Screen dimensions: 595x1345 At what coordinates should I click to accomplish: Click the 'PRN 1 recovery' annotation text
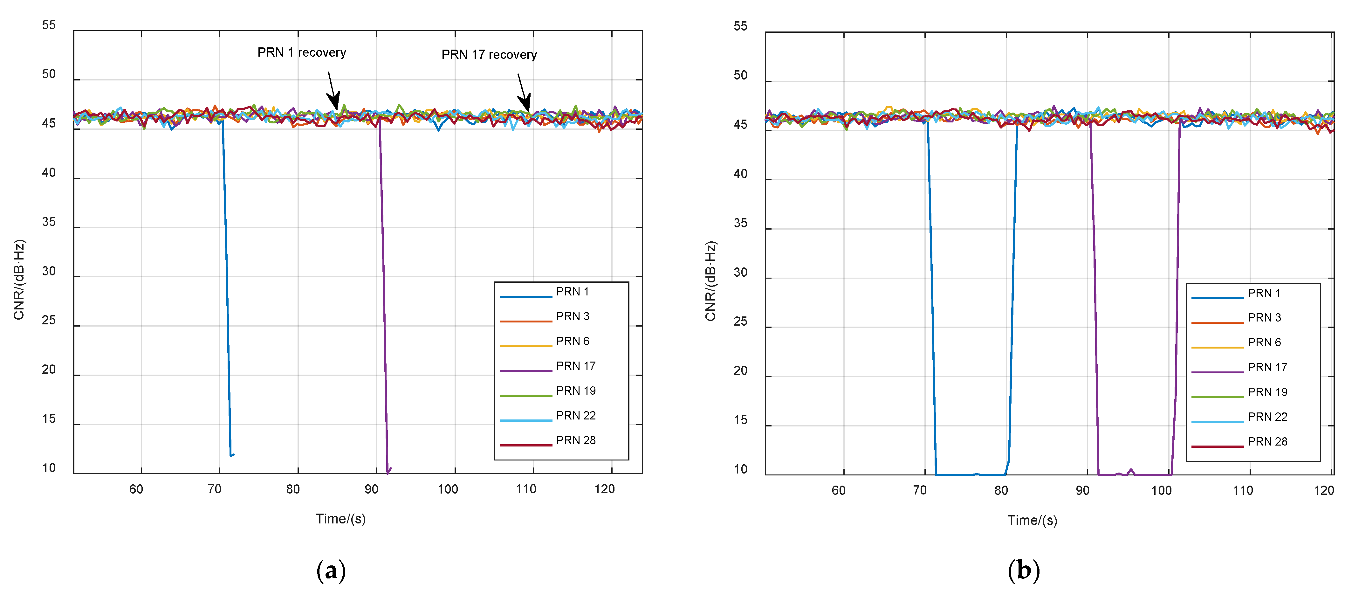pos(301,53)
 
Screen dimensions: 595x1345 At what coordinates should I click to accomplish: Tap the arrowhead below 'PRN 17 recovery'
pos(525,103)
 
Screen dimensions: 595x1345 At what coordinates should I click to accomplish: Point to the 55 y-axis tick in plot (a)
pos(49,25)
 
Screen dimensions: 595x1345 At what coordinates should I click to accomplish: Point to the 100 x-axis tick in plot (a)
pos(448,489)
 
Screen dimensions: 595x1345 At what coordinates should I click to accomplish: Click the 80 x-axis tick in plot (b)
pos(1001,490)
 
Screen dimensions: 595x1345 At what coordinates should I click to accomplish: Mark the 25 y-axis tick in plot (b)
pos(740,322)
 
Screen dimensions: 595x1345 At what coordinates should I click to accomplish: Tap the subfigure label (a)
pos(331,571)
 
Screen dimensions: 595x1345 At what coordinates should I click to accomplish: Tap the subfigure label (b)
pos(1023,571)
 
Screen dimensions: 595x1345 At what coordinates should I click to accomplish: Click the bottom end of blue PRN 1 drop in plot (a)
pos(231,455)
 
